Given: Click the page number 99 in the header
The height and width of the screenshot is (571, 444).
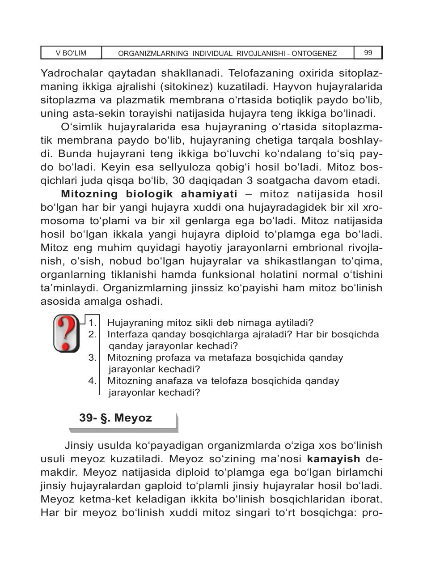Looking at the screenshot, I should pos(368,53).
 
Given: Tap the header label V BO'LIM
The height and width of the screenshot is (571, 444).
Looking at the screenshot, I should pos(71,53).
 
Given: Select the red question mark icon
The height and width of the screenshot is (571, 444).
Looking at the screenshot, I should pos(66,333).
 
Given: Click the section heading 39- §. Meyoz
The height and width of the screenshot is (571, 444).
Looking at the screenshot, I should pos(115,418).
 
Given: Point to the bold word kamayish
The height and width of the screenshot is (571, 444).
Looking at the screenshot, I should pos(334,459).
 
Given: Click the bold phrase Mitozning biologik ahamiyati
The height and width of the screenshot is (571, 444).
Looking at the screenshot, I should pos(149,194).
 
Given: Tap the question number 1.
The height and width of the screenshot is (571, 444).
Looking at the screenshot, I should pos(93,323).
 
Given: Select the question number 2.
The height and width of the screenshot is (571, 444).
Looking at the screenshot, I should pos(93,334).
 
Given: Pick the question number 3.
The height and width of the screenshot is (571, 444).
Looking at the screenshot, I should pos(93,358).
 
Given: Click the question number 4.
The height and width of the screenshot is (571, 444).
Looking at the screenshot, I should pos(93,381).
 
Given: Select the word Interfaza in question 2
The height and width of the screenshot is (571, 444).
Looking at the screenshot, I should pos(127,334).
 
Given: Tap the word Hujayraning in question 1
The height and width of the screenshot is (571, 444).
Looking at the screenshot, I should pos(134,323).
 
